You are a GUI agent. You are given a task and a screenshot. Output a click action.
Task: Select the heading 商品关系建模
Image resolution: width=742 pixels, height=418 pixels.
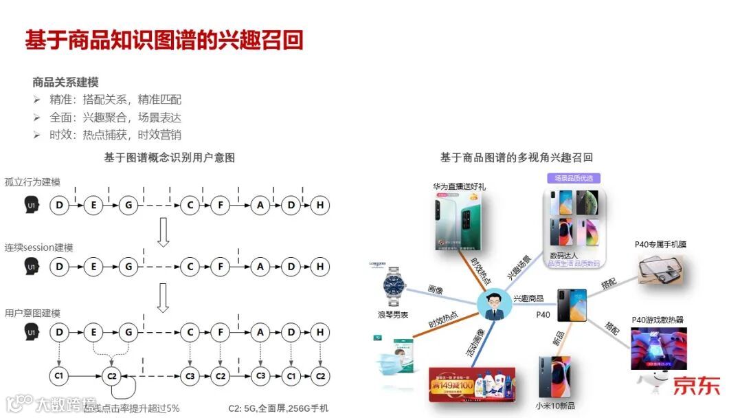[65, 82]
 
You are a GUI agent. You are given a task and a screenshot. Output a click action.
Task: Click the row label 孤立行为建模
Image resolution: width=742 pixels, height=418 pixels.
[32, 182]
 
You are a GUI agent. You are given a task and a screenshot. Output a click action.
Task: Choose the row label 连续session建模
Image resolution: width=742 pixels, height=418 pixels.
[38, 247]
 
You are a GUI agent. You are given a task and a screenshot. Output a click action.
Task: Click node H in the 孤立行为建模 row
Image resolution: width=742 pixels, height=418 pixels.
[319, 205]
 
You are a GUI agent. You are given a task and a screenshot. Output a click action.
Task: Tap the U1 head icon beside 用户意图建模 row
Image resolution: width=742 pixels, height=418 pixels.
[31, 333]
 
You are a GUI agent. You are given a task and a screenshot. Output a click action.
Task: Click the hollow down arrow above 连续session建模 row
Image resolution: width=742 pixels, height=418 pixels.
[163, 233]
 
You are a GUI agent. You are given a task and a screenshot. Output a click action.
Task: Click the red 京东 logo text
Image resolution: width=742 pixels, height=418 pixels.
[695, 385]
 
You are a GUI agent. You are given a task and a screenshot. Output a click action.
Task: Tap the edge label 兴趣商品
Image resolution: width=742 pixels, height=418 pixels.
[528, 298]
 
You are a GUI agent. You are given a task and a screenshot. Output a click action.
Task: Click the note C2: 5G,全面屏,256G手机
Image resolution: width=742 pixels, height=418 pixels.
[278, 408]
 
